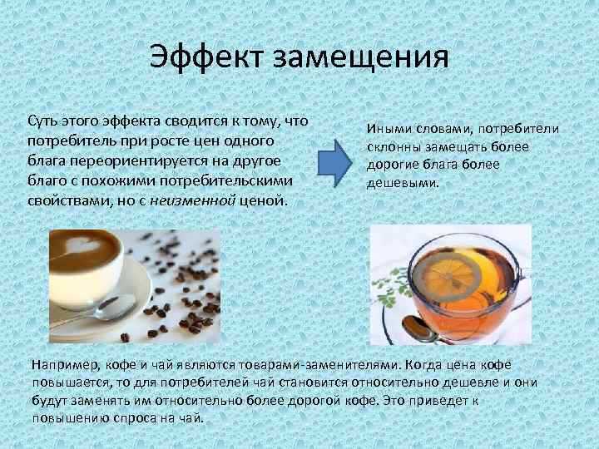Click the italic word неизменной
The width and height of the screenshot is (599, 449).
[x=193, y=200]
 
